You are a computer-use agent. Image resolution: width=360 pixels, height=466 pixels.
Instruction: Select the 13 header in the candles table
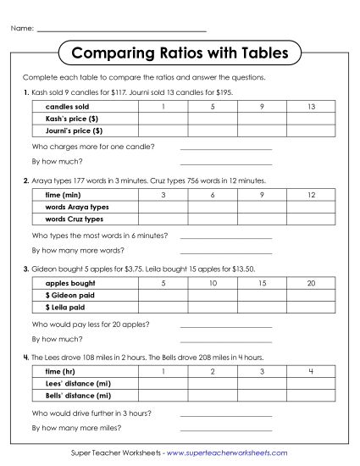point(312,107)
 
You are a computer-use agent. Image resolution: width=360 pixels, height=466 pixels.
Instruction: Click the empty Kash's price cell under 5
point(213,119)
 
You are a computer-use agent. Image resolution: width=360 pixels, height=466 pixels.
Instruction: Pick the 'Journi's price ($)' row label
point(74,131)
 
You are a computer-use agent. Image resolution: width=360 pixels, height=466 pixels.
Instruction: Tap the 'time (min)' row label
point(63,195)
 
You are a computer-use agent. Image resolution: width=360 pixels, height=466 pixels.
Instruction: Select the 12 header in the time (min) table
point(312,195)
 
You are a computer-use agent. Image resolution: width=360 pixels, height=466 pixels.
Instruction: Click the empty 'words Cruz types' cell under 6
point(213,219)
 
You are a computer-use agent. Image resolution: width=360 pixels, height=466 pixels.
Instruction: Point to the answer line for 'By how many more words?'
point(226,250)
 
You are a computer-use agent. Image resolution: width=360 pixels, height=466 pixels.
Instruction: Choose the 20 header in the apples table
point(312,283)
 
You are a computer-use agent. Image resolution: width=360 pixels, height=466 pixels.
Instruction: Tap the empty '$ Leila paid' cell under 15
point(263,307)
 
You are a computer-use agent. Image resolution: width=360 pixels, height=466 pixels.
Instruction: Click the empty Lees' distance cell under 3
point(263,384)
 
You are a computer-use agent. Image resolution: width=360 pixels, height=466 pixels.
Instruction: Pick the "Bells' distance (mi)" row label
point(78,396)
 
